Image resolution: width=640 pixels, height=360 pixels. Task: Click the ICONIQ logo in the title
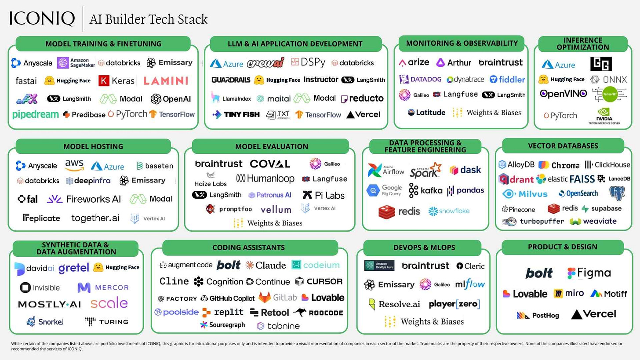[42, 18]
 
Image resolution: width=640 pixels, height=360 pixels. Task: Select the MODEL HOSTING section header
[93, 146]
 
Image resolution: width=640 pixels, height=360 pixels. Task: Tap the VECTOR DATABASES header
[563, 145]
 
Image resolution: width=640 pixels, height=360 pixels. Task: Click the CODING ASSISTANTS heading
[248, 247]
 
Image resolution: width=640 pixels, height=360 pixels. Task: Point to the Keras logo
[116, 80]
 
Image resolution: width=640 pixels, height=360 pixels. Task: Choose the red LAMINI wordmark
[165, 80]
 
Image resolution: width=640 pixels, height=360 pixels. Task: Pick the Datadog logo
[420, 80]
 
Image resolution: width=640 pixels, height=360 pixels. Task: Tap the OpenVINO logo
[563, 94]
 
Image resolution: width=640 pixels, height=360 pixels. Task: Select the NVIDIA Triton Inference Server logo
[604, 116]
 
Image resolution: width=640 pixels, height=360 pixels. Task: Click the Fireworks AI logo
[84, 199]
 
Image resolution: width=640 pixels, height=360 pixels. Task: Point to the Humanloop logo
[265, 178]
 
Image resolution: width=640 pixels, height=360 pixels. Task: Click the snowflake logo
[449, 211]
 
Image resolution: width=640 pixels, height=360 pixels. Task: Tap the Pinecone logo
[519, 209]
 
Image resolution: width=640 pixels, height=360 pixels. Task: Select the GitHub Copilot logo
[227, 298]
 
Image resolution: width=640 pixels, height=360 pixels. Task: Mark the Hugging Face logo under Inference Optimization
[562, 80]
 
